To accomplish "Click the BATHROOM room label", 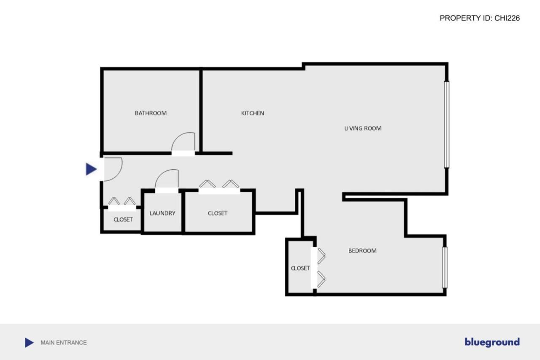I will pos(151,113).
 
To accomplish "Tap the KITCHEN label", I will pos(252,113).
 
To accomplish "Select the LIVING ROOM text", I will pos(363,128).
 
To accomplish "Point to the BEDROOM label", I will pos(362,251).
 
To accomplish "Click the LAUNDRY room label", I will pos(162,213).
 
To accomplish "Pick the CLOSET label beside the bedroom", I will pos(300,268).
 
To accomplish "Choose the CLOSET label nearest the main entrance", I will pos(123,219).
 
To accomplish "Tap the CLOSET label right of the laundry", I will pos(218,213).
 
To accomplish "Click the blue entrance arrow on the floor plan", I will pos(91,169).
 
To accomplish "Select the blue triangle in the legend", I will pos(29,343).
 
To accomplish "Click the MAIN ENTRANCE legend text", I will pos(64,343).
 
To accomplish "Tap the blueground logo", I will pos(492,342).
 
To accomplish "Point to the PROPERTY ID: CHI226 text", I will pos(480,18).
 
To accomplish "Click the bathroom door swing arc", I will pos(184,141).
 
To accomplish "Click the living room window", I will pos(446,125).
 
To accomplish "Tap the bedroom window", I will pos(445,268).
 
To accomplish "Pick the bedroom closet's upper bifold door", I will pos(321,255).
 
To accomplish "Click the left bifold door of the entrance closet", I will pos(114,201).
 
